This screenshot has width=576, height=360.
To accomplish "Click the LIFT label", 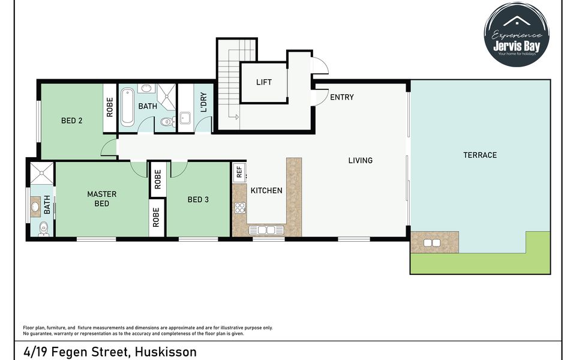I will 263,82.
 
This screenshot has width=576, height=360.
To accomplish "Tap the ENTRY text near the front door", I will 342,97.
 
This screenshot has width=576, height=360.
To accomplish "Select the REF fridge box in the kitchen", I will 239,172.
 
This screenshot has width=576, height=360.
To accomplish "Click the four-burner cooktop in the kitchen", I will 240,208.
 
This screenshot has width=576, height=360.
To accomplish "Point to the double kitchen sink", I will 266,230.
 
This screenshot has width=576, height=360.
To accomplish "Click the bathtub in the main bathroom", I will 127,107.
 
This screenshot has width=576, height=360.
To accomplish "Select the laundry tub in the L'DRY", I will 184,118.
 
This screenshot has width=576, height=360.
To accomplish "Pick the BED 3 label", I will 198,200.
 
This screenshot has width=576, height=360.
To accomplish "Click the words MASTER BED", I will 101,199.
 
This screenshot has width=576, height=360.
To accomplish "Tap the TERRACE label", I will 480,155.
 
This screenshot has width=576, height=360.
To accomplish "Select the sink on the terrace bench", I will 432,243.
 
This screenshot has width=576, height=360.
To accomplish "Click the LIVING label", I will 361,160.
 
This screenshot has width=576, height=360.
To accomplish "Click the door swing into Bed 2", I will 109,147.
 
